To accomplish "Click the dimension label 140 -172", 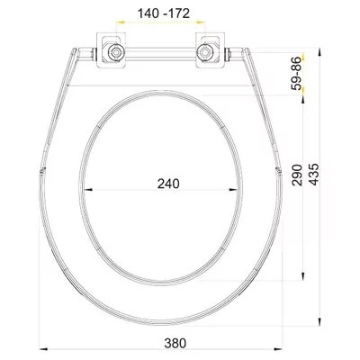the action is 164,13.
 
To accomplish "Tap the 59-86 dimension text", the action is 297,73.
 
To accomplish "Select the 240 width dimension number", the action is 168,184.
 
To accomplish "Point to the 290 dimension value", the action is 297,175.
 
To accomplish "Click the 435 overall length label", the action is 314,175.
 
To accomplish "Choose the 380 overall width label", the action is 175,343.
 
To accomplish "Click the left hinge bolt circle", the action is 114,52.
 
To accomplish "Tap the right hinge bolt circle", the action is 204,52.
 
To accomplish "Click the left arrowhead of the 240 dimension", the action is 87,190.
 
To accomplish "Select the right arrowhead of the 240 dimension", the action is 233,190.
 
